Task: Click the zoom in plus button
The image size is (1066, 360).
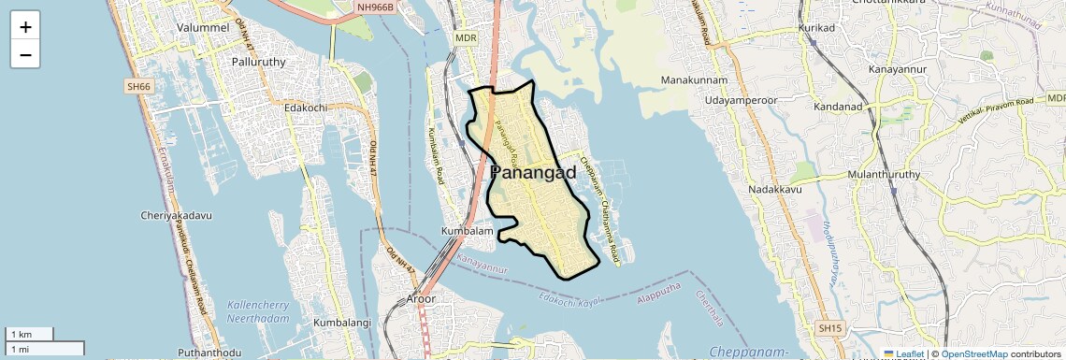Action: pyautogui.click(x=25, y=27)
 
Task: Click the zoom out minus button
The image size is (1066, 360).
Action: pyautogui.click(x=25, y=55)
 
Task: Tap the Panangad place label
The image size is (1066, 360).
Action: pyautogui.click(x=533, y=172)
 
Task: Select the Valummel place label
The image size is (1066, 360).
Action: pyautogui.click(x=205, y=28)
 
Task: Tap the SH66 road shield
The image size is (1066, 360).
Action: pyautogui.click(x=137, y=87)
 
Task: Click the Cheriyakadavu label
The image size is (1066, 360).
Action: pyautogui.click(x=177, y=215)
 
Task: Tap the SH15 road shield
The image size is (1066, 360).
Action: pyautogui.click(x=829, y=328)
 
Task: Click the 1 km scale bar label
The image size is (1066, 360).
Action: pyautogui.click(x=21, y=334)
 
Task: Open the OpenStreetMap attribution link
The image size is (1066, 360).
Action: pyautogui.click(x=973, y=354)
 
